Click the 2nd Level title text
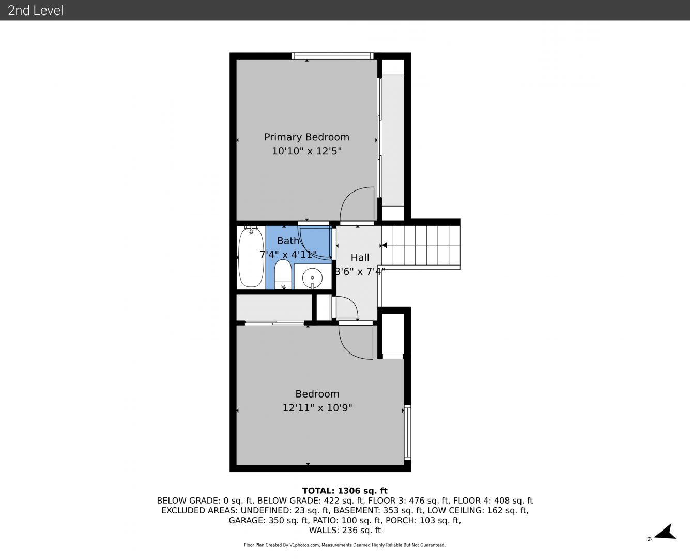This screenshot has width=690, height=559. [x=35, y=10]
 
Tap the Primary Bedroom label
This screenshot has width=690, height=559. [x=306, y=137]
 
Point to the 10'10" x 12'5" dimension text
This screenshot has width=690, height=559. [x=306, y=151]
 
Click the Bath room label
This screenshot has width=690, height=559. [x=288, y=241]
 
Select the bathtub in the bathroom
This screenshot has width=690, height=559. [x=251, y=257]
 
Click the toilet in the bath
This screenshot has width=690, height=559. [x=283, y=274]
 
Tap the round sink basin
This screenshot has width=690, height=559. [x=312, y=278]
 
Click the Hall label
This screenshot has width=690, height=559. [x=360, y=258]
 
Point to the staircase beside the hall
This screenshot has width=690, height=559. [x=421, y=245]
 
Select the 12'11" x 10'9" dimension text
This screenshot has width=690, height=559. [x=317, y=408]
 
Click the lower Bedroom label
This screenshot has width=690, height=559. [x=317, y=394]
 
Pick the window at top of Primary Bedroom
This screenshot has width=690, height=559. [x=332, y=56]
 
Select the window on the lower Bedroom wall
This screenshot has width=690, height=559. [x=407, y=432]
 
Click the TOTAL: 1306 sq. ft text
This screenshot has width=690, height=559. [x=345, y=491]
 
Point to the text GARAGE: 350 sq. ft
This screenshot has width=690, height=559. [x=268, y=520]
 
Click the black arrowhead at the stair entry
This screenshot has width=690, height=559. [x=384, y=245]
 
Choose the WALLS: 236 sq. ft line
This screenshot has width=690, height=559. [x=345, y=531]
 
